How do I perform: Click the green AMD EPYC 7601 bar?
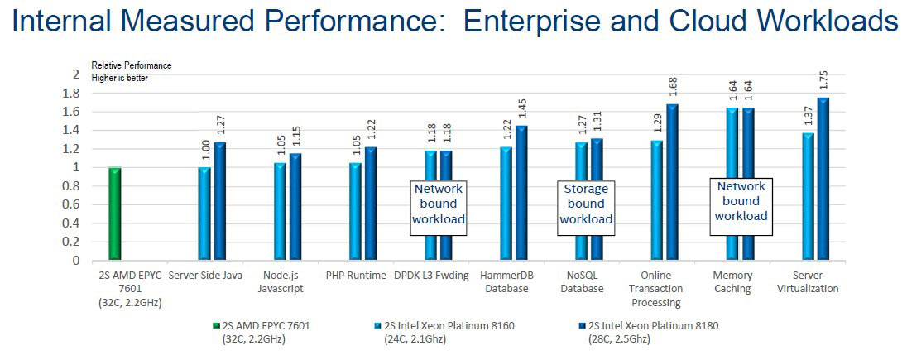click(x=115, y=214)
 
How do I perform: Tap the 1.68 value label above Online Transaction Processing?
click(x=672, y=87)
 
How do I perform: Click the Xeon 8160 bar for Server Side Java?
click(x=204, y=214)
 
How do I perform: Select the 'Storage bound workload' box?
click(x=586, y=204)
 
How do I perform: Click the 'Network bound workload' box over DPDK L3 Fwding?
click(x=439, y=204)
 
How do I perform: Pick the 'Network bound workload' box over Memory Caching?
click(x=741, y=200)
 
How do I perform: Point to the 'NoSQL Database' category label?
click(x=582, y=282)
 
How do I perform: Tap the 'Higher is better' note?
click(x=121, y=78)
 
